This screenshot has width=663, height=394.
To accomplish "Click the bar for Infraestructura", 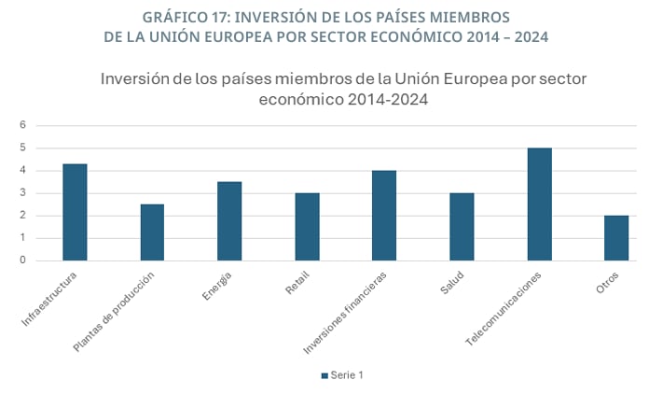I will tap(75, 212).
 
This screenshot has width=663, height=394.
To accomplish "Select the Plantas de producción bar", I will tap(152, 232).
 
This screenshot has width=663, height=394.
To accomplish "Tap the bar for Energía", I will tap(229, 221).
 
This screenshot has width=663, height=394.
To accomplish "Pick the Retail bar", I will tap(307, 227).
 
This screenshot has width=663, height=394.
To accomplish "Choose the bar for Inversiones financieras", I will tap(384, 216).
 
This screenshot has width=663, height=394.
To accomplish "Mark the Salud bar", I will tap(462, 227).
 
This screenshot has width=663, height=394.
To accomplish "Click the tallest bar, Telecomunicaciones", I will tap(538, 204).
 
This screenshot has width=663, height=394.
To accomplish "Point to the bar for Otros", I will tap(615, 238).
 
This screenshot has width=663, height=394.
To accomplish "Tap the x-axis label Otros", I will tap(608, 282).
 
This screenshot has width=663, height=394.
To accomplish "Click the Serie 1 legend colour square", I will tap(325, 375).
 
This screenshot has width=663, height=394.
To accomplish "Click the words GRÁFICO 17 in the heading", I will tap(191, 18).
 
